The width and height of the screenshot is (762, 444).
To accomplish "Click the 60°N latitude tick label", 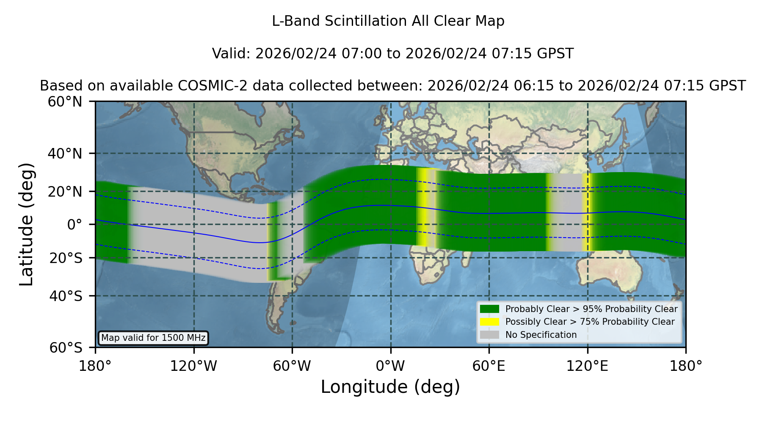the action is pos(65,102).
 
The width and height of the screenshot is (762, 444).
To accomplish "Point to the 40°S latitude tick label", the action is pos(66,296).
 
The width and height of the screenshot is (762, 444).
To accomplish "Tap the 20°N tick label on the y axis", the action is pos(65,192).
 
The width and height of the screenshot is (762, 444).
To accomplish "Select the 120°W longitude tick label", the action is pos(194,366).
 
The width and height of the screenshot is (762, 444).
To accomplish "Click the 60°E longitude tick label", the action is pos(489,366).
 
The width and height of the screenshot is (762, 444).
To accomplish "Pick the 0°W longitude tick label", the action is pos(391,366).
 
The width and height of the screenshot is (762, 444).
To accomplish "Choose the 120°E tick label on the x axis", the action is pos(587,366).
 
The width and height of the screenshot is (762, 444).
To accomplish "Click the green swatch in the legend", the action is pos(489,309).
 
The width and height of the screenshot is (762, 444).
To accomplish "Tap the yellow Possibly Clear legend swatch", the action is pos(489,322).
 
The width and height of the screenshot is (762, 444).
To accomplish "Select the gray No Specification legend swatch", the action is pos(489,335).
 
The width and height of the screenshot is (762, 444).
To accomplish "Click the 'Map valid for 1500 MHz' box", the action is pos(153,338).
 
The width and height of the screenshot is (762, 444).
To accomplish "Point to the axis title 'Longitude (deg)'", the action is pos(390,387).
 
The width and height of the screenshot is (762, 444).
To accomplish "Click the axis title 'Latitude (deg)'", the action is pos(27,224).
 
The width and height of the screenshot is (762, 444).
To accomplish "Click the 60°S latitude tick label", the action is pos(66,348).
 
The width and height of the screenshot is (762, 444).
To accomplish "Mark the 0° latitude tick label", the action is pos(75,225).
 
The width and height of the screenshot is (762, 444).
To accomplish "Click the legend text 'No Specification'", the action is pos(541,335).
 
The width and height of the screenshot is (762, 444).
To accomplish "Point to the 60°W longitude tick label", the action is pos(292,366).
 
